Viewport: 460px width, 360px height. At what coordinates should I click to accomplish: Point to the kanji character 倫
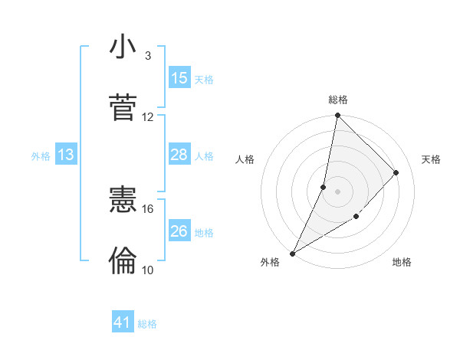[x=123, y=261]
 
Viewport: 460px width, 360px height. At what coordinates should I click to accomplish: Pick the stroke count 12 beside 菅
[x=148, y=117]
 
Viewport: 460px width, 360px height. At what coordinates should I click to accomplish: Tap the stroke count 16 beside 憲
[x=148, y=208]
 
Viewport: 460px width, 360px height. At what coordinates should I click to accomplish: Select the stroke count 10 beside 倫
[x=148, y=270]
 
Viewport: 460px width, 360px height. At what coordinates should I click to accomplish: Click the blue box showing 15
[x=179, y=78]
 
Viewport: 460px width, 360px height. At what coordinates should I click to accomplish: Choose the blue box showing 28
[x=179, y=155]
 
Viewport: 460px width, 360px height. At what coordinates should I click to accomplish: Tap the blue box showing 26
[x=179, y=231]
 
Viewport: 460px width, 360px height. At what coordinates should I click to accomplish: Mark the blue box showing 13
[x=66, y=155]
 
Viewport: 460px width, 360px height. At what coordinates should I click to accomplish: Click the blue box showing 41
[x=123, y=323]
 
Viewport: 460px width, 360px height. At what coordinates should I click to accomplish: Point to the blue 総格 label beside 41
[x=147, y=324]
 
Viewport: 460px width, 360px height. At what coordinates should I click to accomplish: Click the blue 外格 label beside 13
[x=41, y=155]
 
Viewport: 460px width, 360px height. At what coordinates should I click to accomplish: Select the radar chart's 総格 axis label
[x=337, y=100]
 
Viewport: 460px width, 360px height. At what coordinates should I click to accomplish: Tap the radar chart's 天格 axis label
[x=432, y=159]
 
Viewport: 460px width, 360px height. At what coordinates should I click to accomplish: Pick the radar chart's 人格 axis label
[x=245, y=159]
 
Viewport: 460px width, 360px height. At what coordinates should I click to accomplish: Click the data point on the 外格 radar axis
[x=293, y=253]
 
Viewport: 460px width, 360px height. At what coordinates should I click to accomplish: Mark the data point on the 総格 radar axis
[x=337, y=116]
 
